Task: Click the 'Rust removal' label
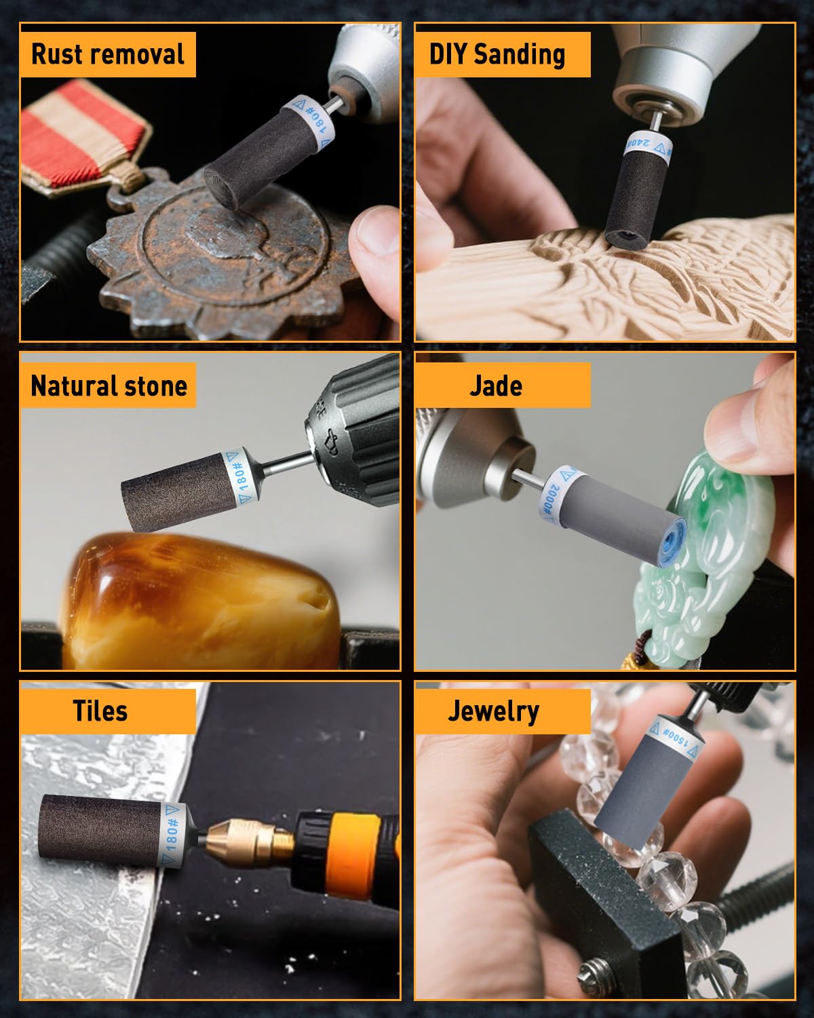tap(108, 54)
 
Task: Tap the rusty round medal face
tap(234, 246)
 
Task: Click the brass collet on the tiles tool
tap(251, 840)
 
